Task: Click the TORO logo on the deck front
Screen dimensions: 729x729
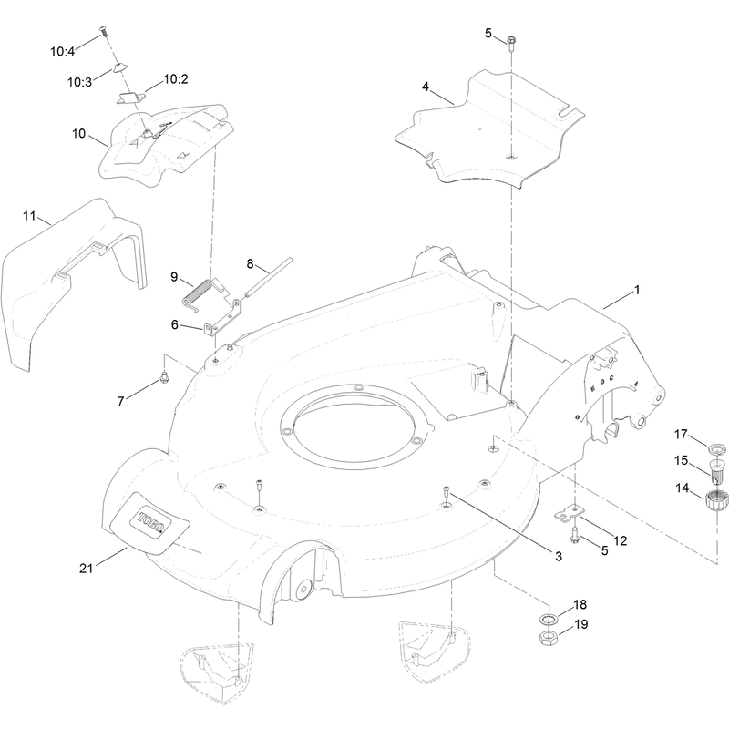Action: coord(151,521)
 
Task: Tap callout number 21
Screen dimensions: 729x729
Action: coord(87,568)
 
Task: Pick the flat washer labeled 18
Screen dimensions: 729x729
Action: coord(549,619)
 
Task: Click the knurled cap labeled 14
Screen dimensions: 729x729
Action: coord(714,500)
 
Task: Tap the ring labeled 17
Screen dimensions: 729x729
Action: coord(717,448)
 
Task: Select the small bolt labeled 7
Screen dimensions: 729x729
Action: coord(163,377)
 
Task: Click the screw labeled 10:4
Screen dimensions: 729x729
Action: coord(104,33)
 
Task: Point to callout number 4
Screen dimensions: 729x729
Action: coord(426,87)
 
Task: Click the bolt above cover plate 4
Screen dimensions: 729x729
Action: coord(511,43)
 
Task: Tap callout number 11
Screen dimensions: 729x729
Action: coord(29,216)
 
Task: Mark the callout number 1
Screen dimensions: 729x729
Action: coord(637,290)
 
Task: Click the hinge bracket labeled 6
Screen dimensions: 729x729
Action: coord(222,318)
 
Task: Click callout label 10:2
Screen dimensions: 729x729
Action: coord(175,79)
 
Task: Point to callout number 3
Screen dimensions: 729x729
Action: coord(559,556)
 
